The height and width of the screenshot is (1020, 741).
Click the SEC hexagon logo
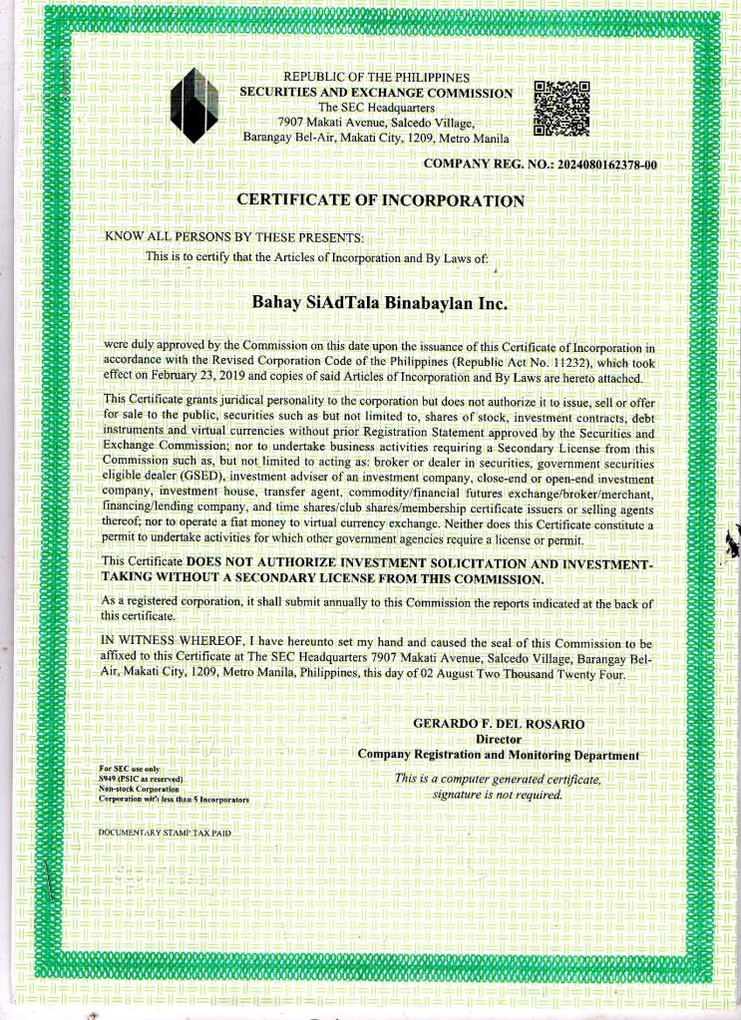193,106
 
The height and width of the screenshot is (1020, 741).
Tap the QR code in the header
562,108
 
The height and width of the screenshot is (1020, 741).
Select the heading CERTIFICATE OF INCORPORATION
380,200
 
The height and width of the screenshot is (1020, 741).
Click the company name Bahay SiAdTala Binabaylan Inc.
380,300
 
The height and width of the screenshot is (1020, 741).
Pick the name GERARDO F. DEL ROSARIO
499,723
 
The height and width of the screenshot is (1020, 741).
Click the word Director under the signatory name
499,739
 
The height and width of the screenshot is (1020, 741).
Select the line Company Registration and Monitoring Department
499,755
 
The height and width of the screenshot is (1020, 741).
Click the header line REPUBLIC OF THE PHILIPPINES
376,78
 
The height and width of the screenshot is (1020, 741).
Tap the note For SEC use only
130,769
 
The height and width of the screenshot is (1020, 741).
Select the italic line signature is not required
498,795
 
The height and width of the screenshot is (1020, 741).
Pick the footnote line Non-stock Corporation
144,789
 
